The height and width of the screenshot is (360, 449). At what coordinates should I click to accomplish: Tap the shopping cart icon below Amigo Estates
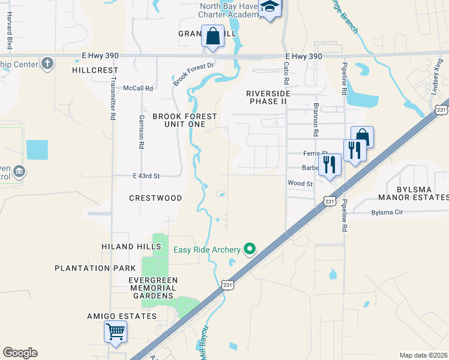115,331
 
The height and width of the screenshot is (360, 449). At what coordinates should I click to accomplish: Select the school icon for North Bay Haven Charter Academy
270,8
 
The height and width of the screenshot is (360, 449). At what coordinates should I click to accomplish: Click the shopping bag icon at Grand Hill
212,36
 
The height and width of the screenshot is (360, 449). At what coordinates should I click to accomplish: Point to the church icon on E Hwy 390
48,63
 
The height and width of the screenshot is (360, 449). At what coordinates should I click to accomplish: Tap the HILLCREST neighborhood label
95,70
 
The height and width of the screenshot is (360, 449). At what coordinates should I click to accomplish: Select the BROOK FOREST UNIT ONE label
184,120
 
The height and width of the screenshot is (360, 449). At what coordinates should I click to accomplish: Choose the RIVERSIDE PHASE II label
268,97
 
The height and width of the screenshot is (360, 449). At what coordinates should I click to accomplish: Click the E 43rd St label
146,176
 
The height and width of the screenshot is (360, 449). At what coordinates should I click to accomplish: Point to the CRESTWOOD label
155,197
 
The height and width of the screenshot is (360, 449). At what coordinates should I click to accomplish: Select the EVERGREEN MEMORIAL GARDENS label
153,288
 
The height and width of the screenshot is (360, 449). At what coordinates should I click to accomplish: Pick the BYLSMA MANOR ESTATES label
413,193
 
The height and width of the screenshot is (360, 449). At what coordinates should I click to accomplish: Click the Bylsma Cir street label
388,212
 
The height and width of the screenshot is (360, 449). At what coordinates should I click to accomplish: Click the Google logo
20,353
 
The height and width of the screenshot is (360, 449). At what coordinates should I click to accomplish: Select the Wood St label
300,184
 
